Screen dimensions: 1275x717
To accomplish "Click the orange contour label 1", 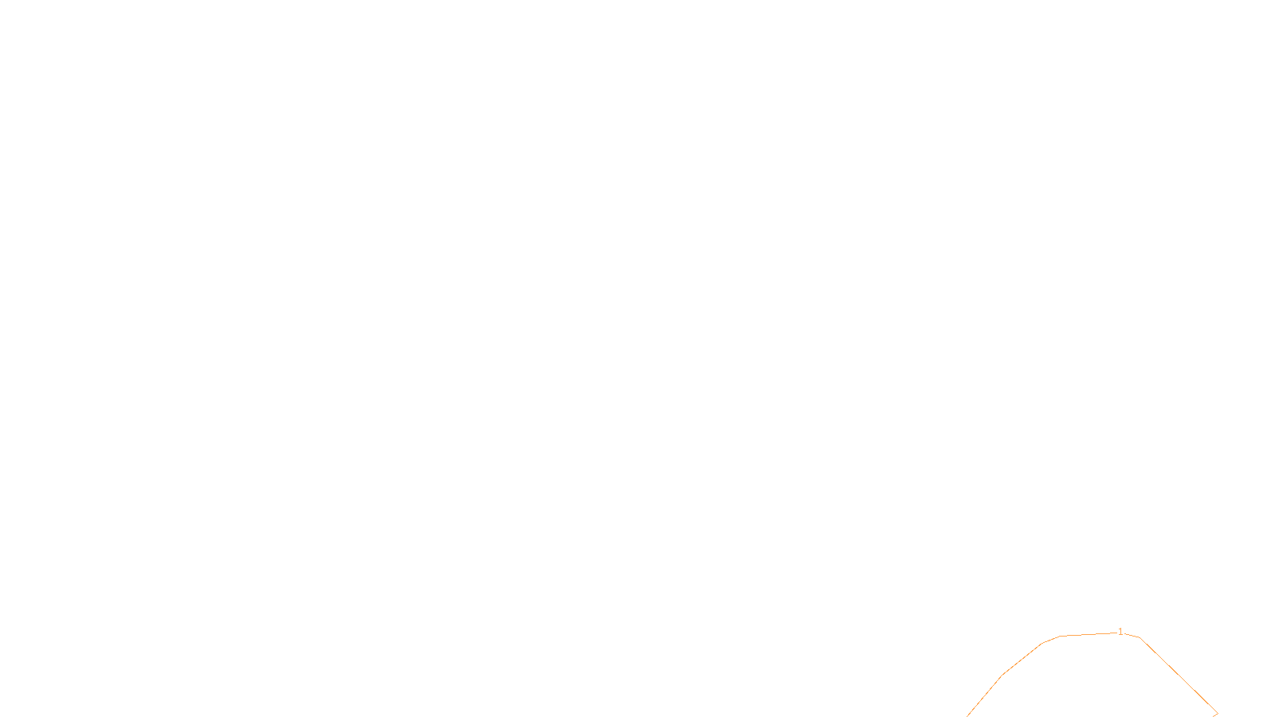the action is coord(1120,632).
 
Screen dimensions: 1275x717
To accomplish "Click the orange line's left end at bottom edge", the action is coord(967,715).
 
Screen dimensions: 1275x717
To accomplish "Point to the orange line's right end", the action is coord(1217,714).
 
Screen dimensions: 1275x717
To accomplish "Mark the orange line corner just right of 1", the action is coord(1140,637).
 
